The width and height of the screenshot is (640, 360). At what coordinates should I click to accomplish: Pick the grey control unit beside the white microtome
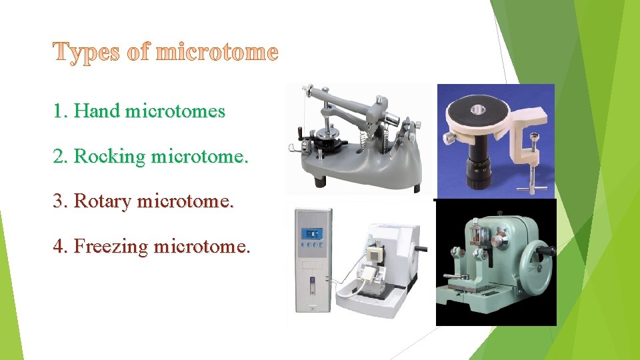tap(311, 267)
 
